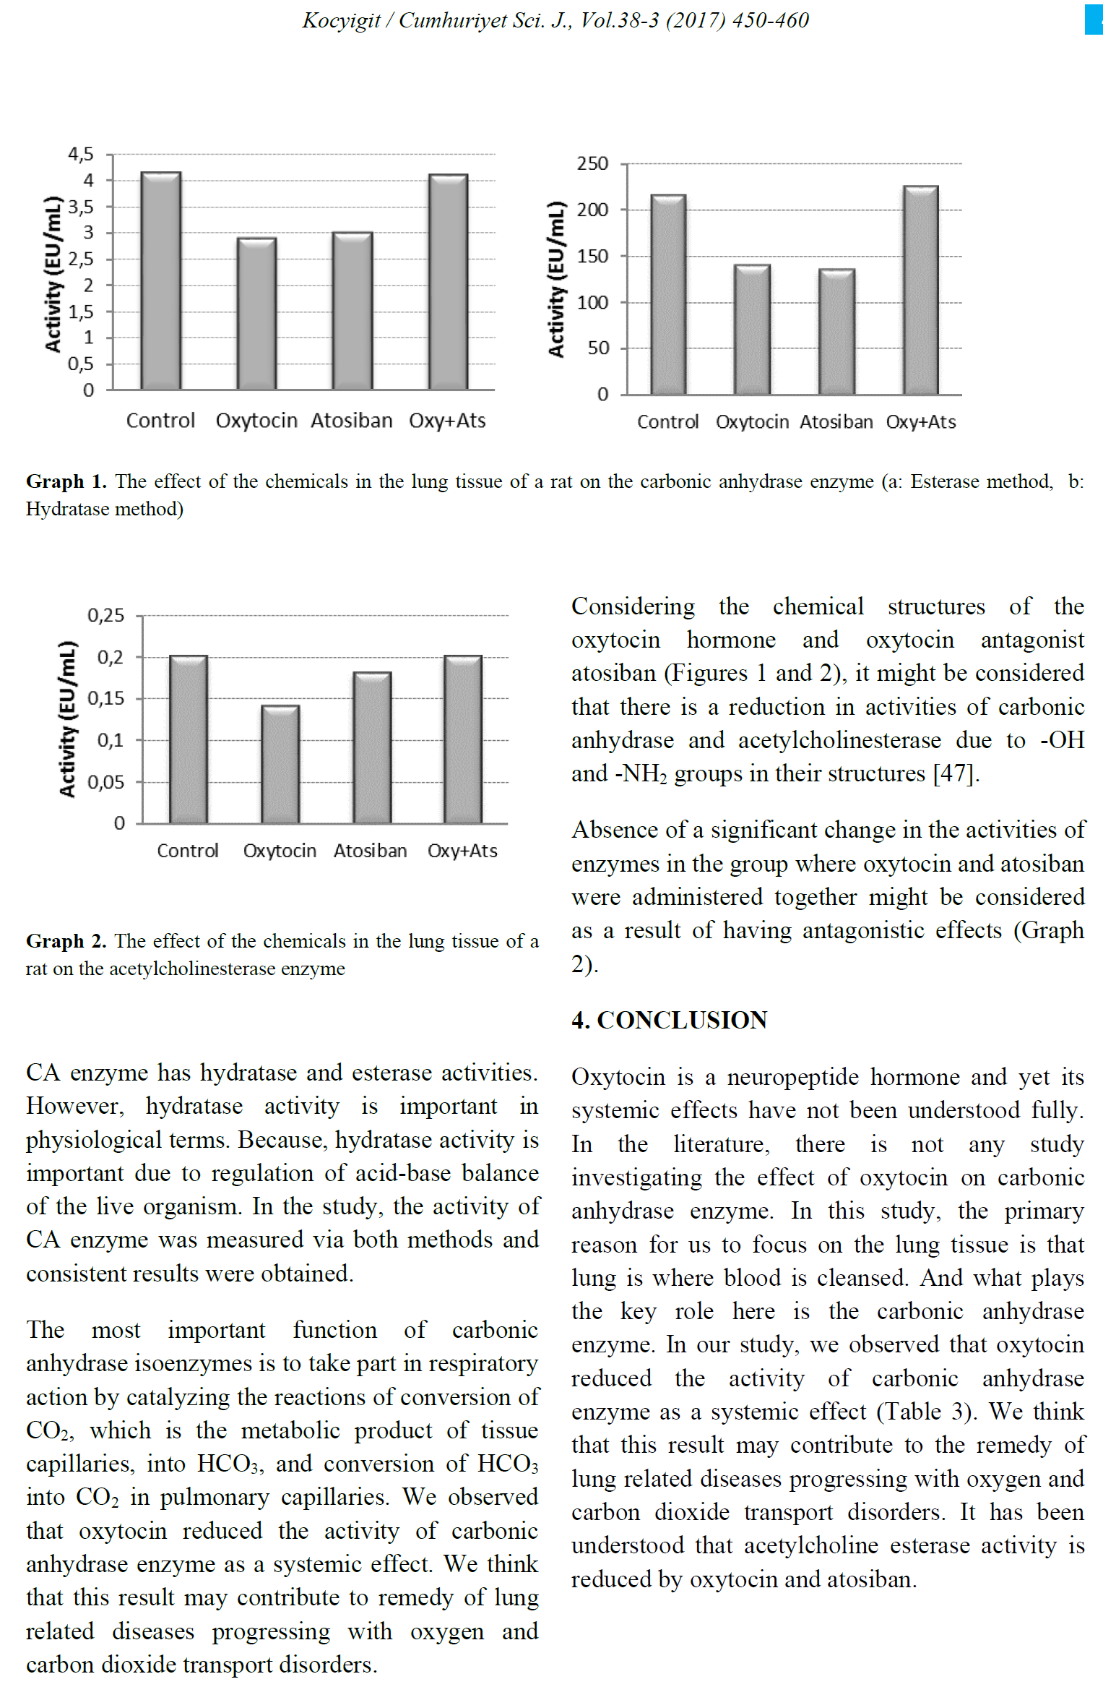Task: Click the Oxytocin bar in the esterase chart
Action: (x=256, y=314)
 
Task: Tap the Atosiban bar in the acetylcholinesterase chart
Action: (x=372, y=748)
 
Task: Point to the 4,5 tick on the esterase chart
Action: (x=81, y=154)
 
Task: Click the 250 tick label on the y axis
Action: (x=592, y=163)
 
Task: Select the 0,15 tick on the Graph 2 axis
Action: (x=105, y=699)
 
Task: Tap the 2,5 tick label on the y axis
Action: (x=81, y=259)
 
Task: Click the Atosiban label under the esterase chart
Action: (x=352, y=421)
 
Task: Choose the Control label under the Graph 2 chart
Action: (x=188, y=851)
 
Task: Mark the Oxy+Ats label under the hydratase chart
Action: (x=921, y=422)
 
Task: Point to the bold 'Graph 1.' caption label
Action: (x=66, y=481)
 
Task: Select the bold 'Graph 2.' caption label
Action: (x=66, y=941)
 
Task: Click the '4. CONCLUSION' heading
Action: (x=669, y=1020)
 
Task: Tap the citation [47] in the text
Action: (x=956, y=774)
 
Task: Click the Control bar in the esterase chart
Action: (x=160, y=281)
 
